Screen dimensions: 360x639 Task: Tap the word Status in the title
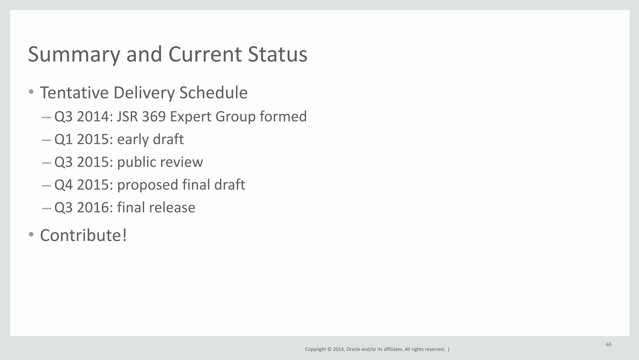pyautogui.click(x=277, y=54)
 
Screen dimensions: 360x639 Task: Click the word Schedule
pyautogui.click(x=213, y=93)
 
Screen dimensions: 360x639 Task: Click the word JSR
pyautogui.click(x=127, y=116)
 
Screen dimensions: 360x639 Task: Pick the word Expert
pyautogui.click(x=190, y=117)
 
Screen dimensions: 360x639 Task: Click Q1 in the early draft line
pyautogui.click(x=63, y=140)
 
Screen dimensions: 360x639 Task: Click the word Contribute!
pyautogui.click(x=83, y=235)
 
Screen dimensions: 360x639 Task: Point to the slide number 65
pyautogui.click(x=608, y=345)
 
